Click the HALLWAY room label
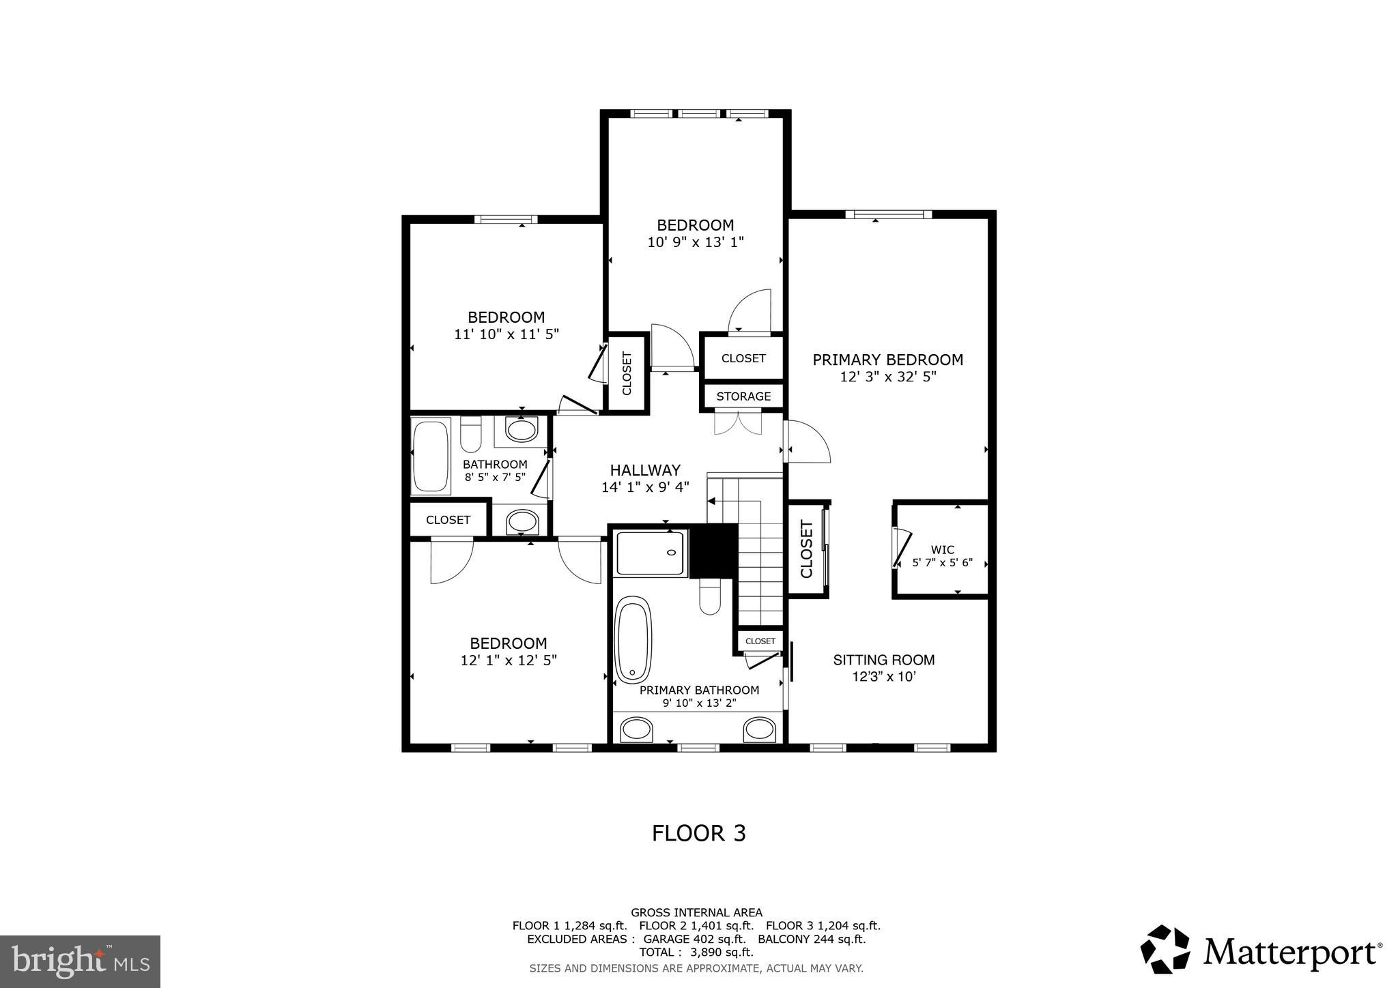click(644, 470)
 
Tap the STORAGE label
click(743, 396)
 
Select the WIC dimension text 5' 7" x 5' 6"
click(942, 563)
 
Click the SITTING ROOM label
click(883, 660)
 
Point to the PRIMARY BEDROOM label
click(887, 360)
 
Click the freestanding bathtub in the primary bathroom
click(633, 639)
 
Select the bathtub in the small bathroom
click(431, 455)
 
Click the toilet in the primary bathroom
click(710, 598)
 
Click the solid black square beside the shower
click(713, 551)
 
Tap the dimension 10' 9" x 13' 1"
click(695, 242)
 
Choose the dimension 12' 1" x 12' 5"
click(509, 660)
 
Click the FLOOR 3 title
click(698, 833)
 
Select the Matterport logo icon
click(1165, 949)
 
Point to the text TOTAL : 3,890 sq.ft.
click(696, 952)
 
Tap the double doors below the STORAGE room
click(737, 422)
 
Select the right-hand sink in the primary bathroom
click(759, 729)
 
